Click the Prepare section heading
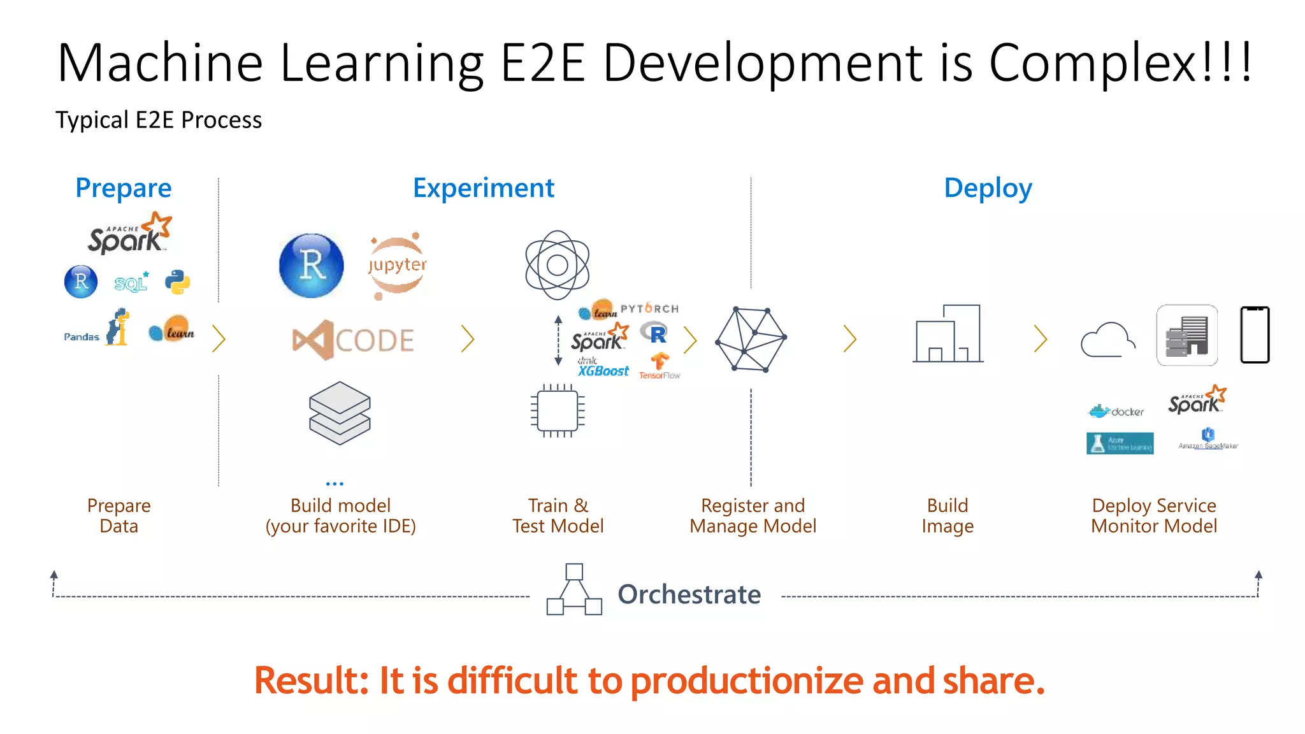124,188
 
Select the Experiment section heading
484,188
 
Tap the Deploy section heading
988,188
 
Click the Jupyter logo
397,265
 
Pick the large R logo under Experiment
312,265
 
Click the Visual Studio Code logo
353,340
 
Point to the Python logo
178,282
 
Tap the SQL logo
131,282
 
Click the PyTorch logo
649,308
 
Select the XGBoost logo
603,369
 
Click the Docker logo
1116,412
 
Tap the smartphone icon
1255,335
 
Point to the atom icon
558,265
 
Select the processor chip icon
558,411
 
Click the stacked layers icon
340,413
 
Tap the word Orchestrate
689,594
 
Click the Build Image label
948,515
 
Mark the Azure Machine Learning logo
1120,443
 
